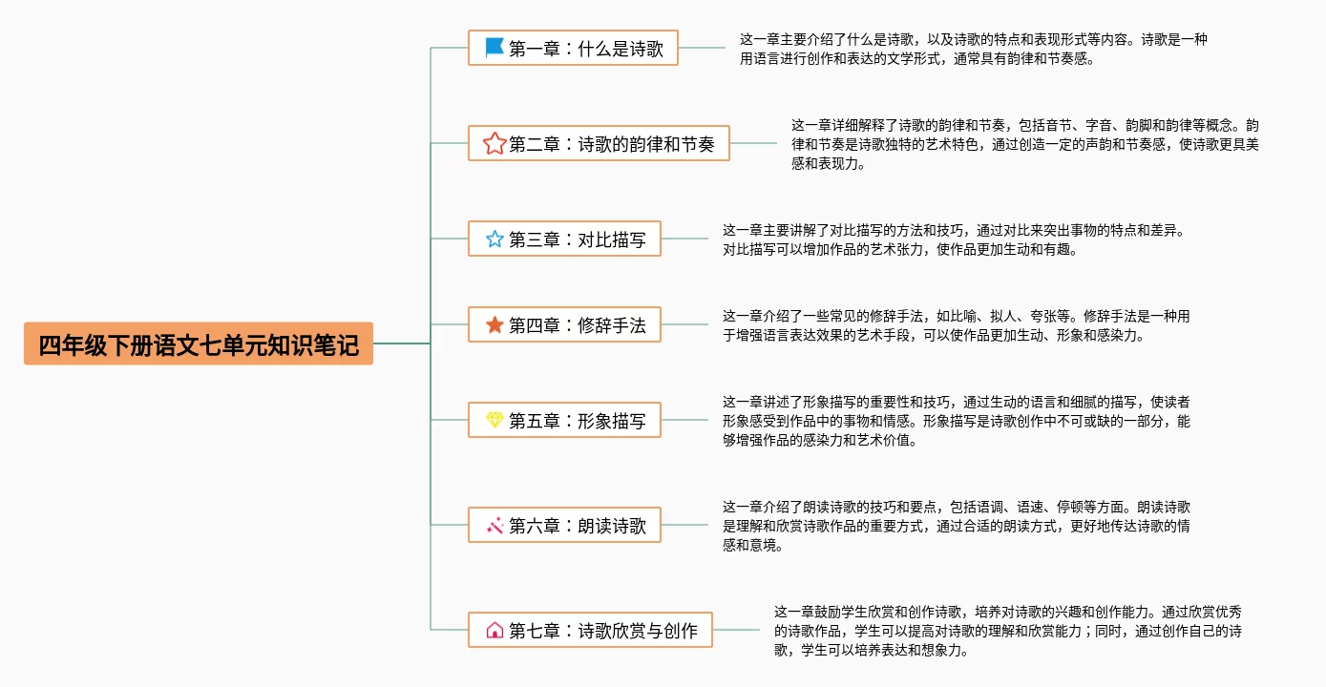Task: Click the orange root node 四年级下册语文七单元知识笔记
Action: click(x=199, y=343)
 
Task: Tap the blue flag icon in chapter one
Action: click(x=495, y=47)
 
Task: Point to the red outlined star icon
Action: click(x=495, y=143)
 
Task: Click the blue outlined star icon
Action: click(x=495, y=239)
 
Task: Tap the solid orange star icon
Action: click(x=495, y=324)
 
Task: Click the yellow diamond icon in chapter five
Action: click(x=495, y=420)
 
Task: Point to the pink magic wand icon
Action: click(x=495, y=525)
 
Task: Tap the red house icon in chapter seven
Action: click(x=495, y=630)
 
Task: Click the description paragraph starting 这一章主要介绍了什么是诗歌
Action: click(x=974, y=49)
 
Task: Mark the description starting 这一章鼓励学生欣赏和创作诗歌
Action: click(x=1007, y=631)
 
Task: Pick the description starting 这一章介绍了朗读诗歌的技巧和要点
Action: click(x=956, y=526)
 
